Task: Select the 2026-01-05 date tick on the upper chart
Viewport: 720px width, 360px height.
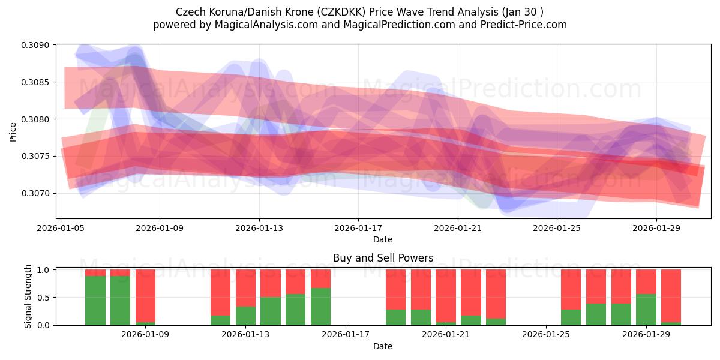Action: point(61,228)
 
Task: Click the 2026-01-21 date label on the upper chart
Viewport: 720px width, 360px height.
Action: point(458,228)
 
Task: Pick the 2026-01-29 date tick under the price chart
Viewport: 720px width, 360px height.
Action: point(656,228)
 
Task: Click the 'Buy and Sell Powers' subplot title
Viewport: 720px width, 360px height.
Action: point(383,259)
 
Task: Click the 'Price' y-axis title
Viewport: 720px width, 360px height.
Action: point(13,131)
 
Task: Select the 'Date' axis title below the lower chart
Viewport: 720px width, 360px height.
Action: point(383,346)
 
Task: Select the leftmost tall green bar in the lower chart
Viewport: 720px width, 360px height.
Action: point(95,301)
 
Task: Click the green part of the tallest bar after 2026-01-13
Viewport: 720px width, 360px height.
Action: point(320,307)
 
